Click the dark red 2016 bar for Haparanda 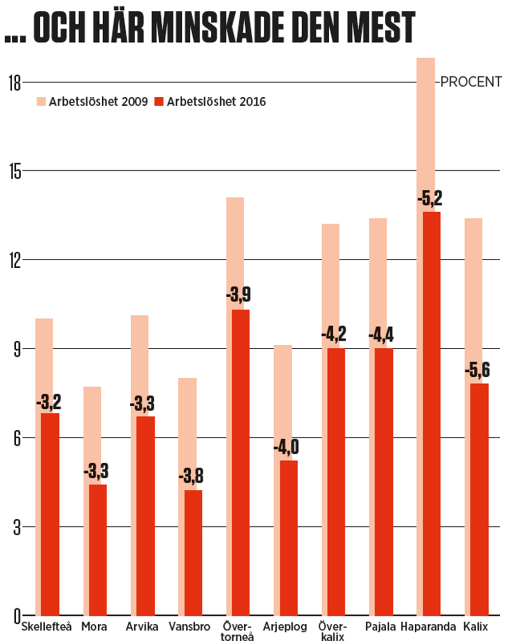[431, 413]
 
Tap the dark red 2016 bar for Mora [98, 550]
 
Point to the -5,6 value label [477, 370]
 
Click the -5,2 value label [430, 199]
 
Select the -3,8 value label [191, 476]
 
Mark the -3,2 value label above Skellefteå [49, 403]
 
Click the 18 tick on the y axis [15, 83]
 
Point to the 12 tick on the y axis [15, 260]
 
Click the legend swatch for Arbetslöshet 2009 [41, 102]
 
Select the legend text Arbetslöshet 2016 [216, 102]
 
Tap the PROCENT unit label [471, 82]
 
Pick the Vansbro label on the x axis [189, 627]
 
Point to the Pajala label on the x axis [380, 627]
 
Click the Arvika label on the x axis [142, 627]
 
